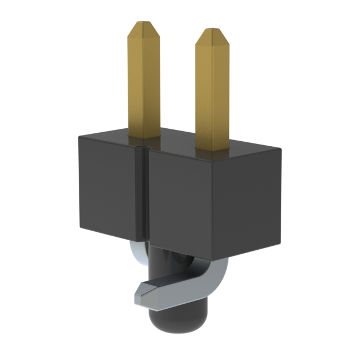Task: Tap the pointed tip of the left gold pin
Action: (x=143, y=25)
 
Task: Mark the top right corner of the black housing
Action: (x=280, y=148)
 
